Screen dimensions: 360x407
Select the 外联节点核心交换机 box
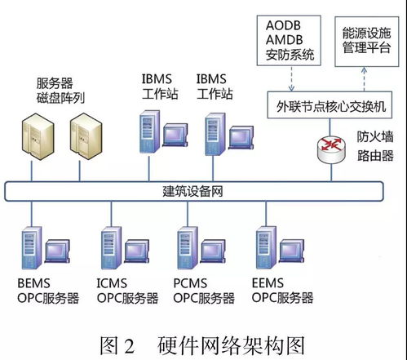click(331, 108)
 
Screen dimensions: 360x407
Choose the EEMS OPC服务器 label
click(281, 291)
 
